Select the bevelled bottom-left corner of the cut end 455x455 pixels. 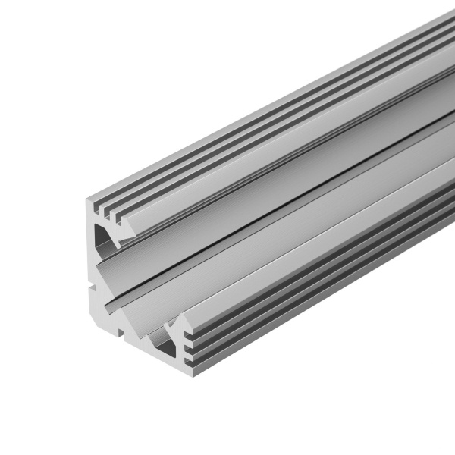pyautogui.click(x=94, y=315)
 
